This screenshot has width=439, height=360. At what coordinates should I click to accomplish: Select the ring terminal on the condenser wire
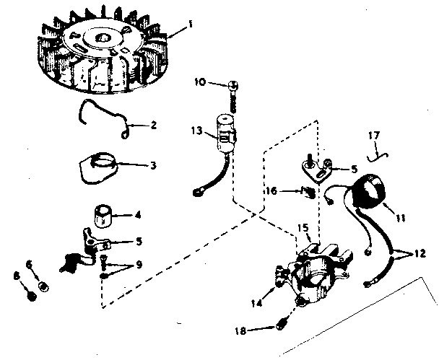tap(199, 193)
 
